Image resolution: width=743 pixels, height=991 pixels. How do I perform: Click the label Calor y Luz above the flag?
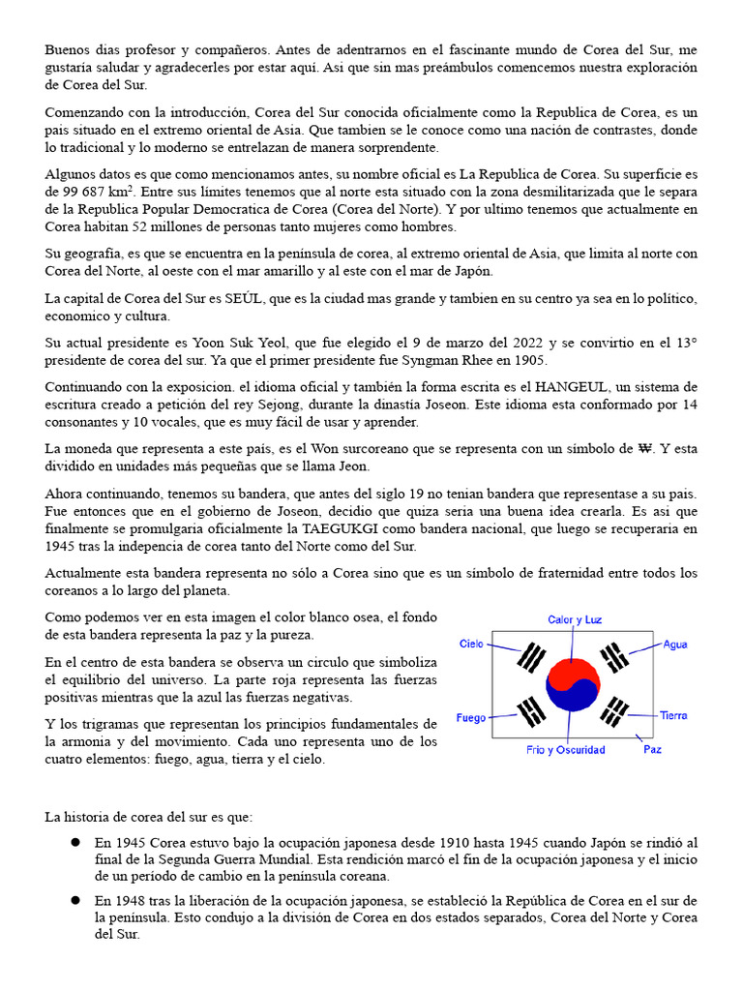(x=574, y=619)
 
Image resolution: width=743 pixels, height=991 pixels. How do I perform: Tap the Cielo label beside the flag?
(x=471, y=644)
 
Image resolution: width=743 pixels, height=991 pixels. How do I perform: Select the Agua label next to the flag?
(x=675, y=644)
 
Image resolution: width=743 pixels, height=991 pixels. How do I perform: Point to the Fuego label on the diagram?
(x=472, y=719)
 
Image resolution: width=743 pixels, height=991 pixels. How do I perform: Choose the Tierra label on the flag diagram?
(x=673, y=715)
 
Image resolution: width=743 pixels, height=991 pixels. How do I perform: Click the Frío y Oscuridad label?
(x=565, y=750)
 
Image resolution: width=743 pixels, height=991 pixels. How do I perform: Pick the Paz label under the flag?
(x=652, y=749)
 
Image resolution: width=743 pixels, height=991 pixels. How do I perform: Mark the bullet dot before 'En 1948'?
(x=74, y=899)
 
